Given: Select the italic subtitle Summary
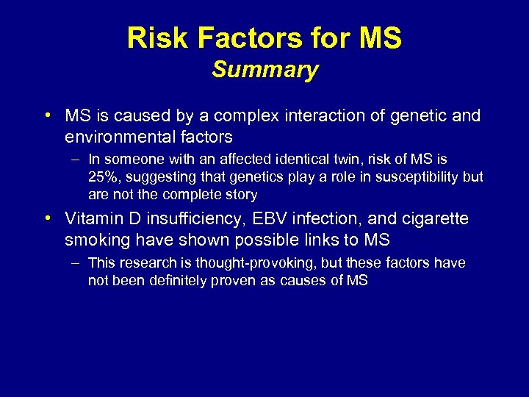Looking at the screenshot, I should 264,70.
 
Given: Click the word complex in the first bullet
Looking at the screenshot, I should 230,116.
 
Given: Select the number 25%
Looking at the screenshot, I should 103,177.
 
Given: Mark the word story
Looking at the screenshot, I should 240,195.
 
